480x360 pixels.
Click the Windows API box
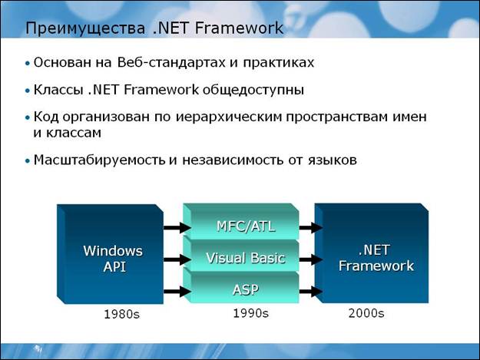[x=110, y=254]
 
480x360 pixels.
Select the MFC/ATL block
[x=241, y=222]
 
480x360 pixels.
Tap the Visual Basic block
[x=241, y=256]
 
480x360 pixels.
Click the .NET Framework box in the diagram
[x=372, y=253]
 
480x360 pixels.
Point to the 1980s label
[x=122, y=315]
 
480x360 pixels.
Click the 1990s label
[x=251, y=313]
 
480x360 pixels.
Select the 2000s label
[x=366, y=313]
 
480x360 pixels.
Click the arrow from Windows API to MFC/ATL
[x=177, y=227]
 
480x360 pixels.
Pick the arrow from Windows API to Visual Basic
[x=177, y=259]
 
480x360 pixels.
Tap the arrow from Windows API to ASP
[x=177, y=292]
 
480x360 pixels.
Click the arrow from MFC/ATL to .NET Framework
[x=310, y=227]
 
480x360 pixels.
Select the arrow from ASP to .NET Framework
[x=310, y=292]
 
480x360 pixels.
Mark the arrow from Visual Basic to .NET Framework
[x=310, y=259]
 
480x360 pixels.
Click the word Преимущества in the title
[x=85, y=28]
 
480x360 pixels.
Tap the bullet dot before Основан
[x=28, y=64]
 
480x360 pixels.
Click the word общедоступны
[x=253, y=91]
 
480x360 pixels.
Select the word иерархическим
[x=229, y=117]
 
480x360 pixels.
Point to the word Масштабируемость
[x=100, y=160]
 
